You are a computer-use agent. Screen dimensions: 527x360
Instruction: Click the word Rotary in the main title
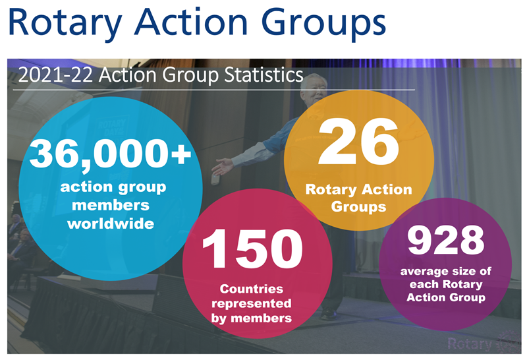tap(65, 22)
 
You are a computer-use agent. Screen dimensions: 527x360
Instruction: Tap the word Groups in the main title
tap(323, 23)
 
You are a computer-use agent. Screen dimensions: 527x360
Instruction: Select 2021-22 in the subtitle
tap(55, 75)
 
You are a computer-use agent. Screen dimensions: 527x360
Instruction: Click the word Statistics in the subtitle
tap(264, 75)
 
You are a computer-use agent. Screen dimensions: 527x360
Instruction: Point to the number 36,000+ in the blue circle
tap(110, 154)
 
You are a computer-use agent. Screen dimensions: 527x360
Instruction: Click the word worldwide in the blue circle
tap(111, 224)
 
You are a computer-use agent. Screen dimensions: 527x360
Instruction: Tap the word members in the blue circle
tap(111, 205)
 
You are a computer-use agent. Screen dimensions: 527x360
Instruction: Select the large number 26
tap(358, 141)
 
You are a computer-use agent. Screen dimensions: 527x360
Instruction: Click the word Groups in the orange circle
tap(358, 207)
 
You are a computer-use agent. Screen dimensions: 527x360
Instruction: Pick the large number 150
tap(252, 249)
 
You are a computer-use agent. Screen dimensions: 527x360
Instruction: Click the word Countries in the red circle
tap(252, 289)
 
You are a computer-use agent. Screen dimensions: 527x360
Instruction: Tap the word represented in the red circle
tap(252, 303)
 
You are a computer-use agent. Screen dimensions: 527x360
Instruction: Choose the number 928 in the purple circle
tap(446, 240)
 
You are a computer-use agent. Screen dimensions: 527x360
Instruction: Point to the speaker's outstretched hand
tap(223, 167)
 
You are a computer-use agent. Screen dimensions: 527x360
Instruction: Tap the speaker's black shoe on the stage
tap(329, 315)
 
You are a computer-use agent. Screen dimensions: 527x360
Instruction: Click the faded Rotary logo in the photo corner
tap(484, 344)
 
